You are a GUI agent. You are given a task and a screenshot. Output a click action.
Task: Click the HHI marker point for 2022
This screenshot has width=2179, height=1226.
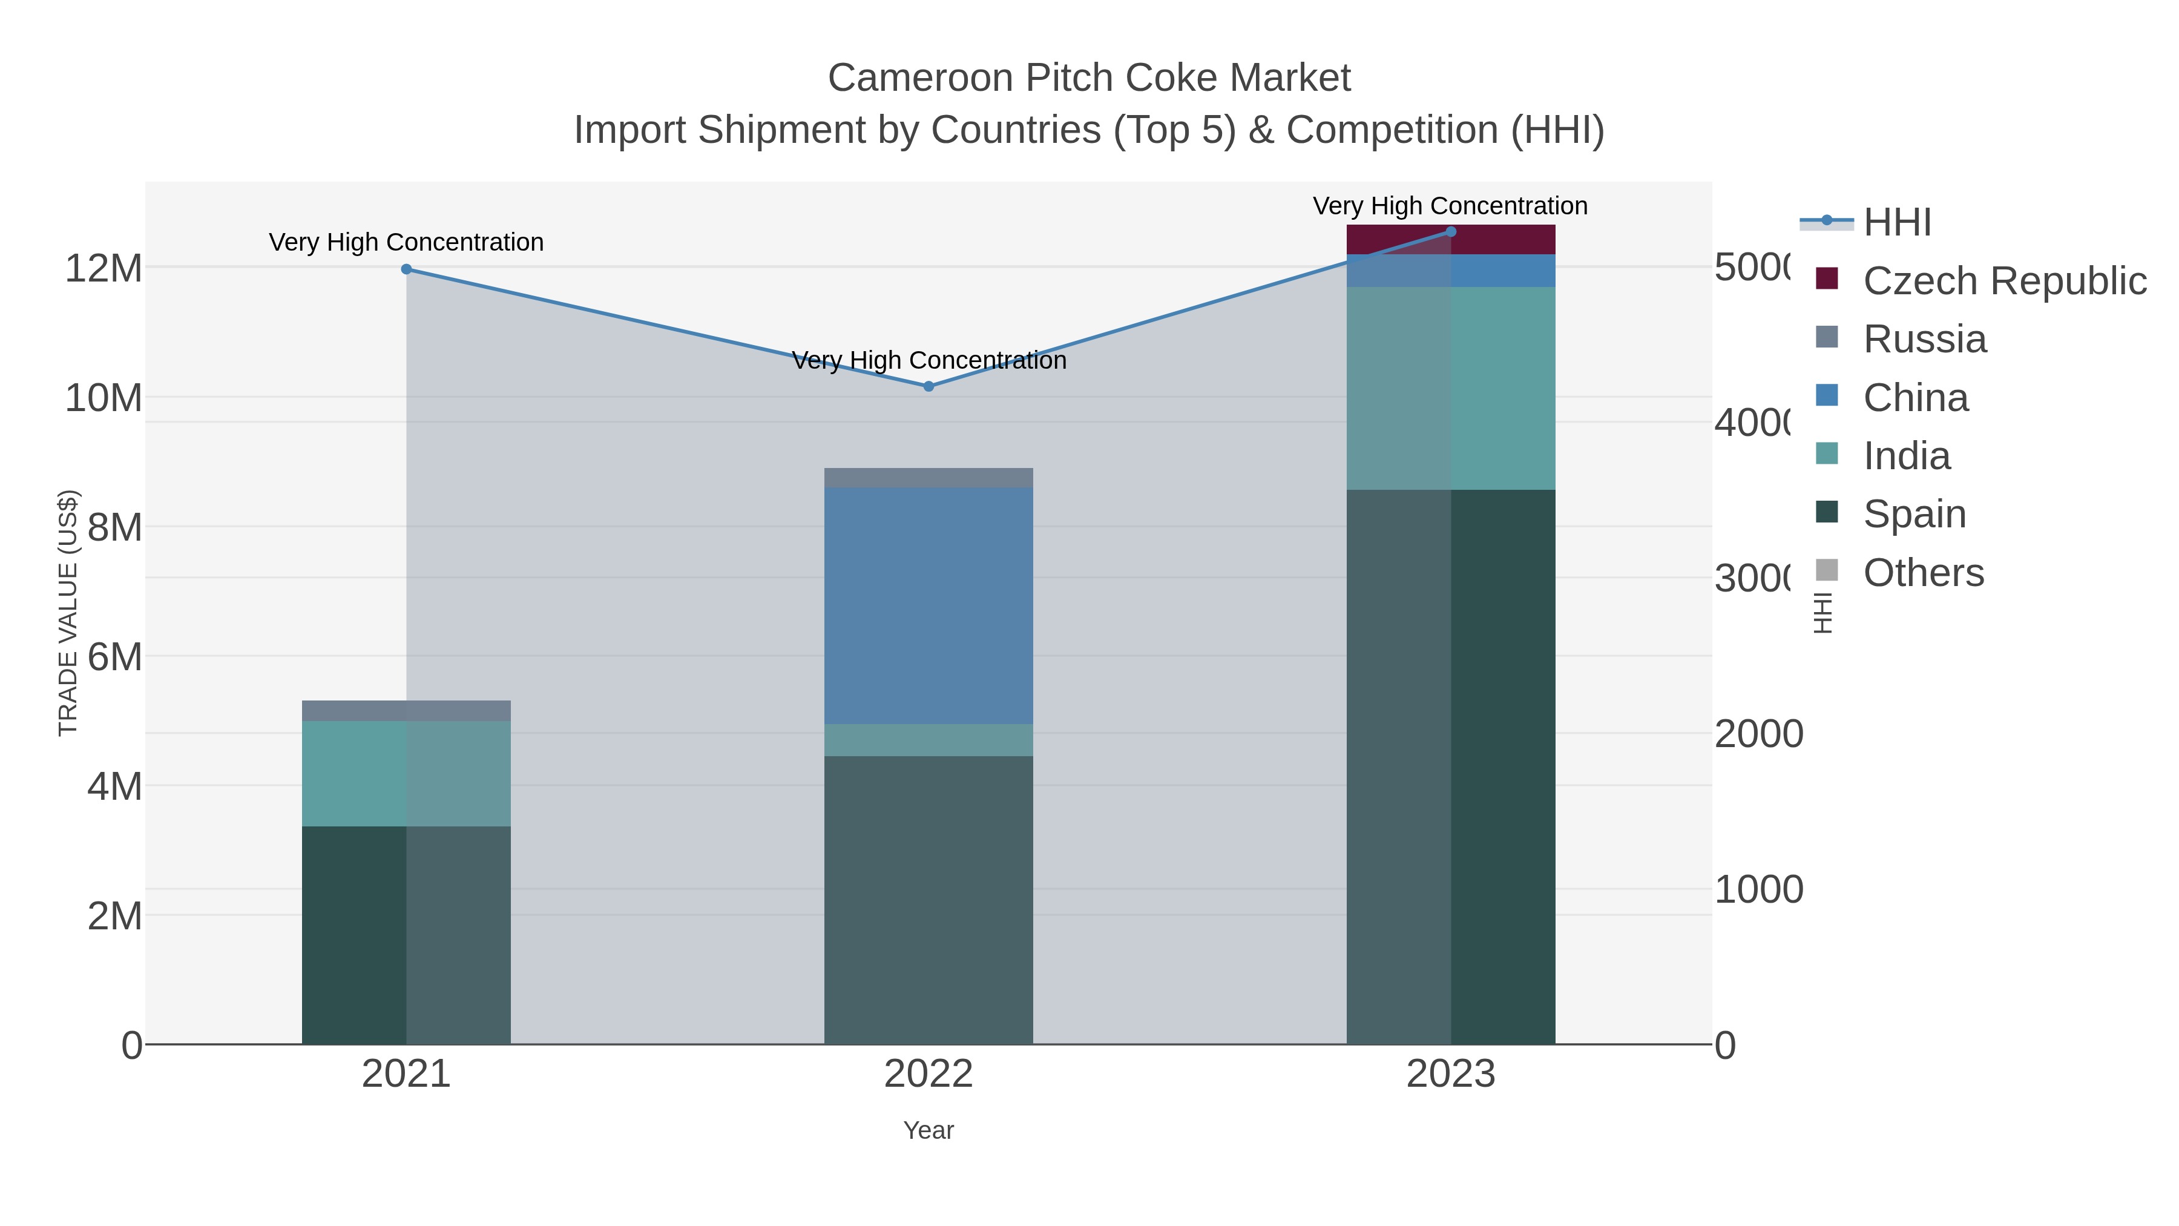pos(928,387)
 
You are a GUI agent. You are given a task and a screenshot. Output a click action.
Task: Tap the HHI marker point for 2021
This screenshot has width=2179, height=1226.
pos(406,269)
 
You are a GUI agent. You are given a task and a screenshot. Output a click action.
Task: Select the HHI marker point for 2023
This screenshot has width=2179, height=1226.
pos(1451,231)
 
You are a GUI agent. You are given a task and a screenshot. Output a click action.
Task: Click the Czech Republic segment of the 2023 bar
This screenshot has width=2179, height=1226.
pos(1451,239)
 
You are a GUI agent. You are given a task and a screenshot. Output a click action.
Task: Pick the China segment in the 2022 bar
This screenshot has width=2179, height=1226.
pos(928,605)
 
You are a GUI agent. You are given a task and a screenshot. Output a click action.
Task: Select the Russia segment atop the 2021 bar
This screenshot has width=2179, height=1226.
pos(406,711)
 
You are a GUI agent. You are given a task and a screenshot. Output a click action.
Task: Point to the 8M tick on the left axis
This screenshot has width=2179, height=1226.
pos(115,527)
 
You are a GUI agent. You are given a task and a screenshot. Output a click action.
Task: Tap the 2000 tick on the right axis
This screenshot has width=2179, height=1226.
pos(1758,734)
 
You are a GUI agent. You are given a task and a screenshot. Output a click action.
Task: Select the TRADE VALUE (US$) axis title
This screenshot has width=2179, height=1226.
pos(68,613)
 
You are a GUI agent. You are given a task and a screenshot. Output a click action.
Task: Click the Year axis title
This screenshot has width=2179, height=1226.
pos(928,1130)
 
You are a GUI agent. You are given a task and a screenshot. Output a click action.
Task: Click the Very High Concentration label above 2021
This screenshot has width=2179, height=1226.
pos(406,243)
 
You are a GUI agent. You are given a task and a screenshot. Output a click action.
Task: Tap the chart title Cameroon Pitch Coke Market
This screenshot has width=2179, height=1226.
pos(1089,78)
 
